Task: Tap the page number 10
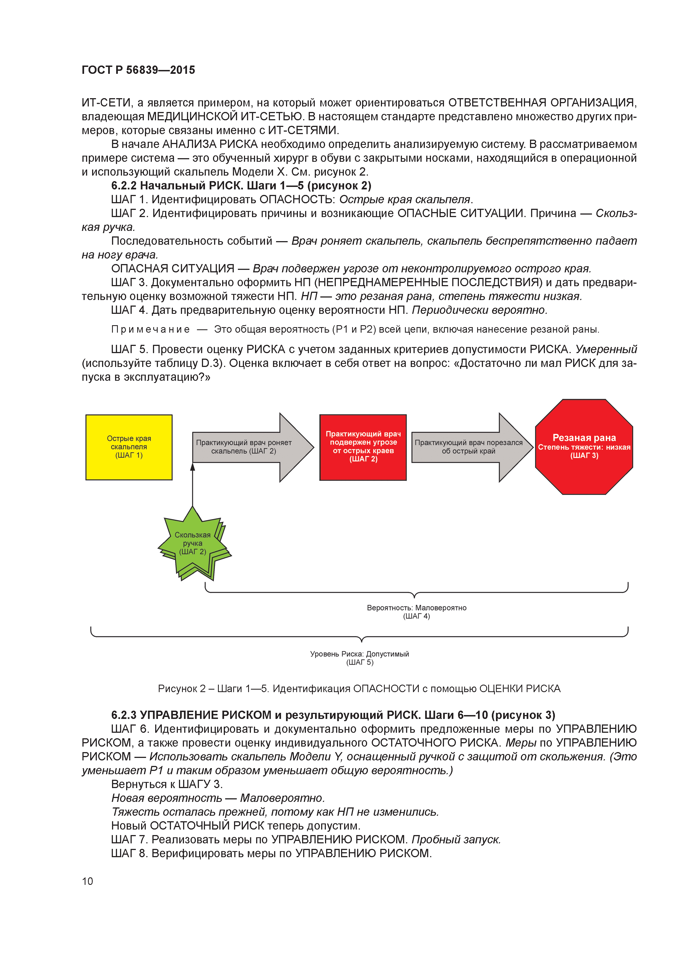(87, 881)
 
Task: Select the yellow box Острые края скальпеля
(129, 447)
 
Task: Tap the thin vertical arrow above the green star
(193, 486)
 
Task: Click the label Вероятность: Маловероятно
(416, 607)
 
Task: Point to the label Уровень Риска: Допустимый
(359, 654)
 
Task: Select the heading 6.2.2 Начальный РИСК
(241, 186)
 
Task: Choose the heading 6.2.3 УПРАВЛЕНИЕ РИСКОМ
(333, 715)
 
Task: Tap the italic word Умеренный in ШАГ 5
(606, 350)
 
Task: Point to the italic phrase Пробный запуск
(456, 839)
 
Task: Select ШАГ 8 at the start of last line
(129, 853)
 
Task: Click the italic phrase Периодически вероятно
(479, 310)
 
